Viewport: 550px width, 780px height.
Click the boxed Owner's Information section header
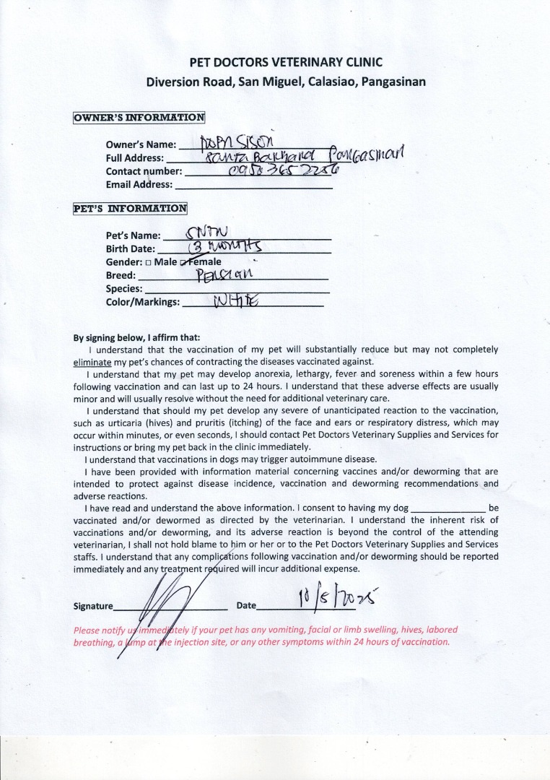click(139, 118)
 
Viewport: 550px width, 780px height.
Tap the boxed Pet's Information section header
click(130, 209)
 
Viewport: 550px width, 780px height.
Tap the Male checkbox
click(148, 262)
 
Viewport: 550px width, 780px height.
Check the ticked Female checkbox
click(184, 262)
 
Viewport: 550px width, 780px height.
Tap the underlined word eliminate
click(92, 361)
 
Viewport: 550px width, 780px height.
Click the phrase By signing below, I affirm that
click(137, 337)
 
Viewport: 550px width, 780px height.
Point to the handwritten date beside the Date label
click(338, 599)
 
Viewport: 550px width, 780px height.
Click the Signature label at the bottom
click(94, 607)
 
